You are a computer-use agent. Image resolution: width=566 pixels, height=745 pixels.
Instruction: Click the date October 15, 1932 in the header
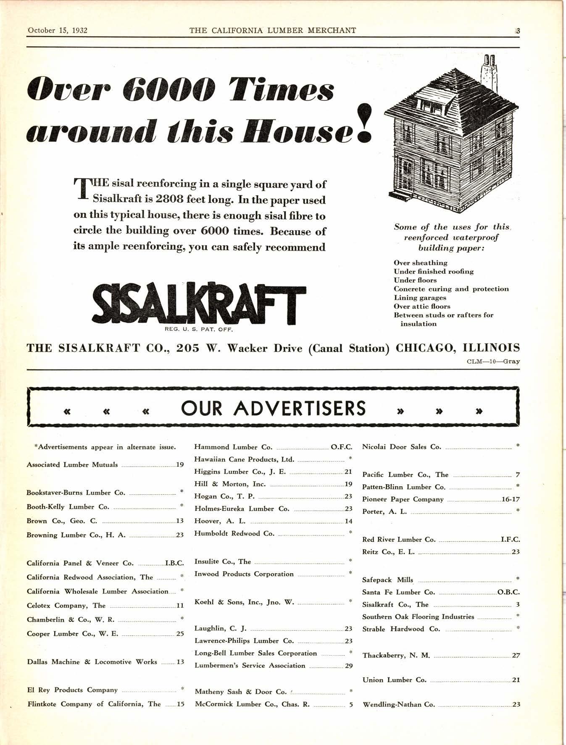click(x=54, y=30)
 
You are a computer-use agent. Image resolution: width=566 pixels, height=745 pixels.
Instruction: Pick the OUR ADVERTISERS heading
click(x=274, y=408)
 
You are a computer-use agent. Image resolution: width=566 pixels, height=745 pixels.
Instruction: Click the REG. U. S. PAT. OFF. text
click(x=199, y=330)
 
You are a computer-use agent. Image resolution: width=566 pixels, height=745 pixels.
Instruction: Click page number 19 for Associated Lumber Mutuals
click(x=180, y=465)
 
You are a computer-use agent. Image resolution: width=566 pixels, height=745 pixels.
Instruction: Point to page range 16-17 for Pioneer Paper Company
click(x=511, y=499)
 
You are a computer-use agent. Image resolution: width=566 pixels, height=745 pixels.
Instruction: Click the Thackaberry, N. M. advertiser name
click(x=396, y=655)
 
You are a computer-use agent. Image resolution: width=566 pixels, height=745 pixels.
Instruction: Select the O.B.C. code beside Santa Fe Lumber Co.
click(x=508, y=592)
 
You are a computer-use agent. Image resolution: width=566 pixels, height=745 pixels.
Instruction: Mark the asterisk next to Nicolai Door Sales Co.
click(x=518, y=446)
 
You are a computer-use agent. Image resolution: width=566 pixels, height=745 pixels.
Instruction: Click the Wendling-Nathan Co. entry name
click(x=399, y=704)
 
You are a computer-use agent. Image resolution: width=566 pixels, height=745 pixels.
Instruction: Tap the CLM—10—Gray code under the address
click(x=493, y=361)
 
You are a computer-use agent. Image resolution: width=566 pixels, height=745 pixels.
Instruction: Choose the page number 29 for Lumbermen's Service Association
click(x=348, y=666)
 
